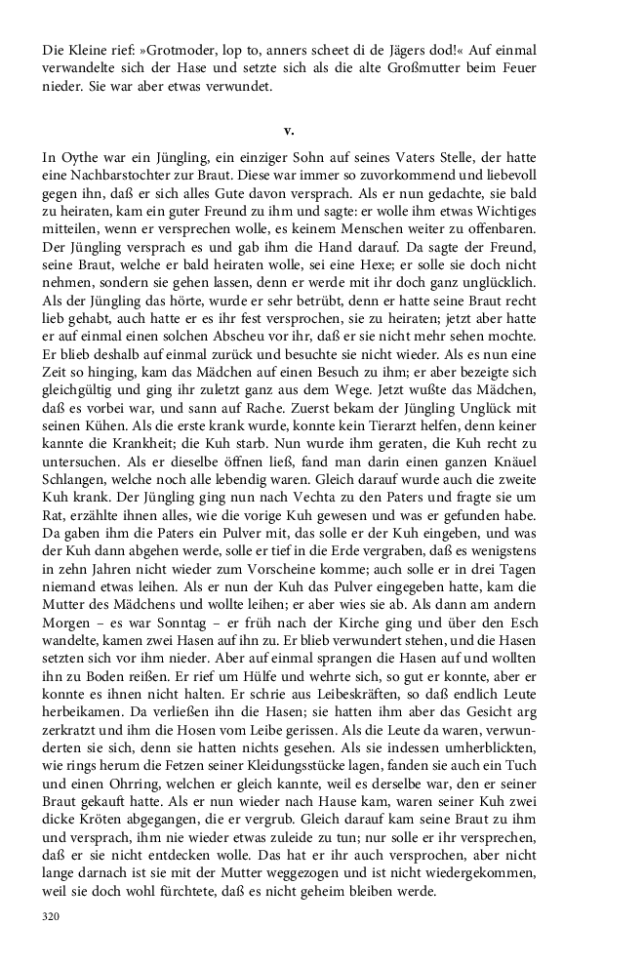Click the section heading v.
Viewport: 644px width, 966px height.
pos(289,130)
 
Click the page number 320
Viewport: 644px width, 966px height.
pos(53,917)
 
